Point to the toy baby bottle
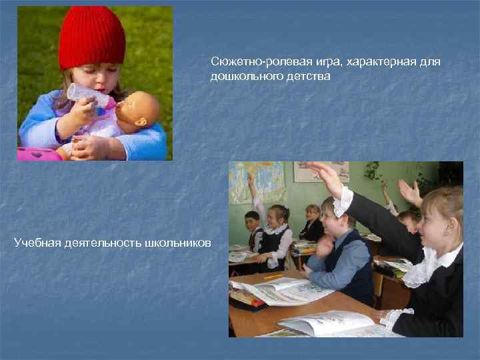90,97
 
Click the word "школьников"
177,241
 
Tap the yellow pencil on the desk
274,275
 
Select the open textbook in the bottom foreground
327,324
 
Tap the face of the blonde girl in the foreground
441,227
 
